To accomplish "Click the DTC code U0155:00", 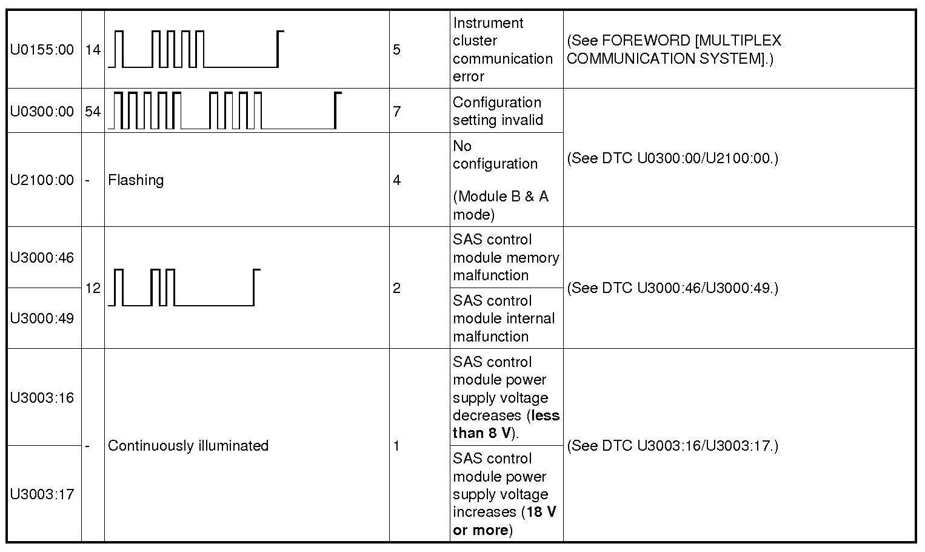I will tap(42, 50).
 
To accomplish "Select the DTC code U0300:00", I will tap(42, 112).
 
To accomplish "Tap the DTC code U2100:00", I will tap(42, 180).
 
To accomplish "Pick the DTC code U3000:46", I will tap(42, 258).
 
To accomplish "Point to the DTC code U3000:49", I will tap(42, 318).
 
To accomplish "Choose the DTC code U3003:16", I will tap(42, 398).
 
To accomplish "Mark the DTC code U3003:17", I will tap(42, 494).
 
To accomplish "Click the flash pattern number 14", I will tap(93, 50).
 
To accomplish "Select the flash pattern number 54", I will tap(93, 112).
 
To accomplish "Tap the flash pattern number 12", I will tap(93, 288).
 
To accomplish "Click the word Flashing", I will tap(136, 180).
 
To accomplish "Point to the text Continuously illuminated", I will tap(188, 446).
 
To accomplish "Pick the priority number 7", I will tap(397, 112).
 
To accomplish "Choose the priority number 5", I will tap(397, 50).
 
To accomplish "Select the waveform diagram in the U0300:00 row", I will tap(224, 110).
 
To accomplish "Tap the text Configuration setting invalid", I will tap(498, 111).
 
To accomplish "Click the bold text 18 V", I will tap(541, 512).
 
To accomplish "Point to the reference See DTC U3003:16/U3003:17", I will tap(672, 446).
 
